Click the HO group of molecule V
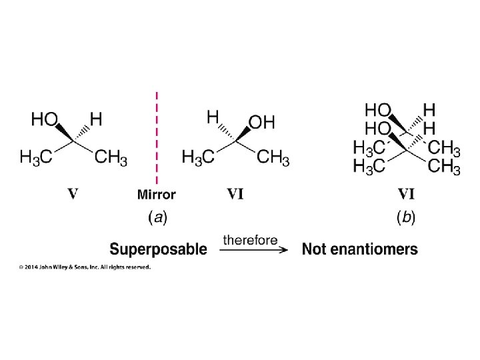coord(44,120)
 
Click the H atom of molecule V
coord(96,120)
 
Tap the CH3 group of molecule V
coord(111,158)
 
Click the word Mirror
coord(157,195)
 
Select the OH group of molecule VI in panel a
coord(261,123)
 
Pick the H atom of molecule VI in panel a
coord(213,117)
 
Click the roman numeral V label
coord(73,194)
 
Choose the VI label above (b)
coord(406,194)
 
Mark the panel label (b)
coord(406,217)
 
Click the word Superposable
coord(158,249)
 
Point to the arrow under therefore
coord(254,250)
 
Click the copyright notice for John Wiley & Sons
coord(84,267)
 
